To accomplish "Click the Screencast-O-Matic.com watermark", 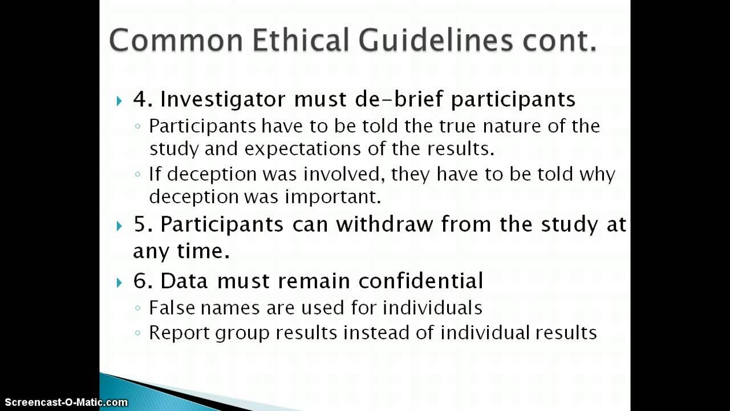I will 64,402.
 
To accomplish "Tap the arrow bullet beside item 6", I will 119,283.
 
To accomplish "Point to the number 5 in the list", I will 139,224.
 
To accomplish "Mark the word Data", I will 182,281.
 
